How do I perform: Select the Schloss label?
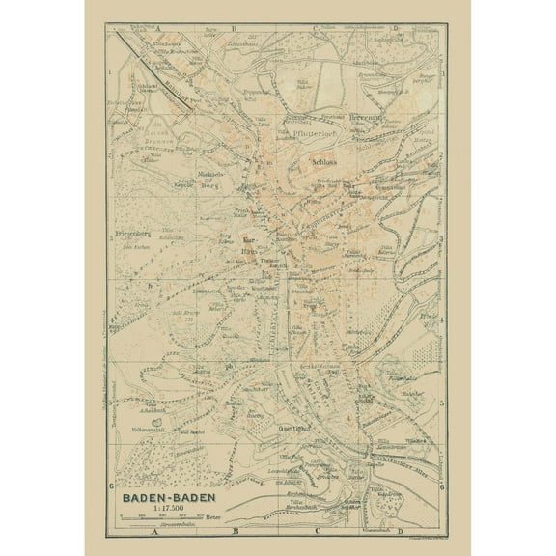(x=324, y=163)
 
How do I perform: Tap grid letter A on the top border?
(x=154, y=29)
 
